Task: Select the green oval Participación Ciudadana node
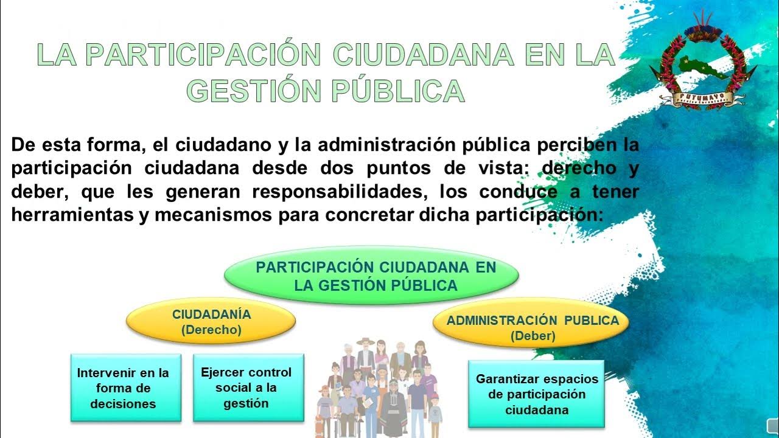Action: pos(371,276)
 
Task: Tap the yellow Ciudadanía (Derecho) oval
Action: pos(211,322)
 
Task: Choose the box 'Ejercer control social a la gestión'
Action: pos(248,388)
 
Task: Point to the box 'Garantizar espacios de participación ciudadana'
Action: pos(536,394)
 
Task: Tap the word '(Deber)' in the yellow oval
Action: pos(533,336)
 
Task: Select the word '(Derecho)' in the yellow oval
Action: pos(211,330)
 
